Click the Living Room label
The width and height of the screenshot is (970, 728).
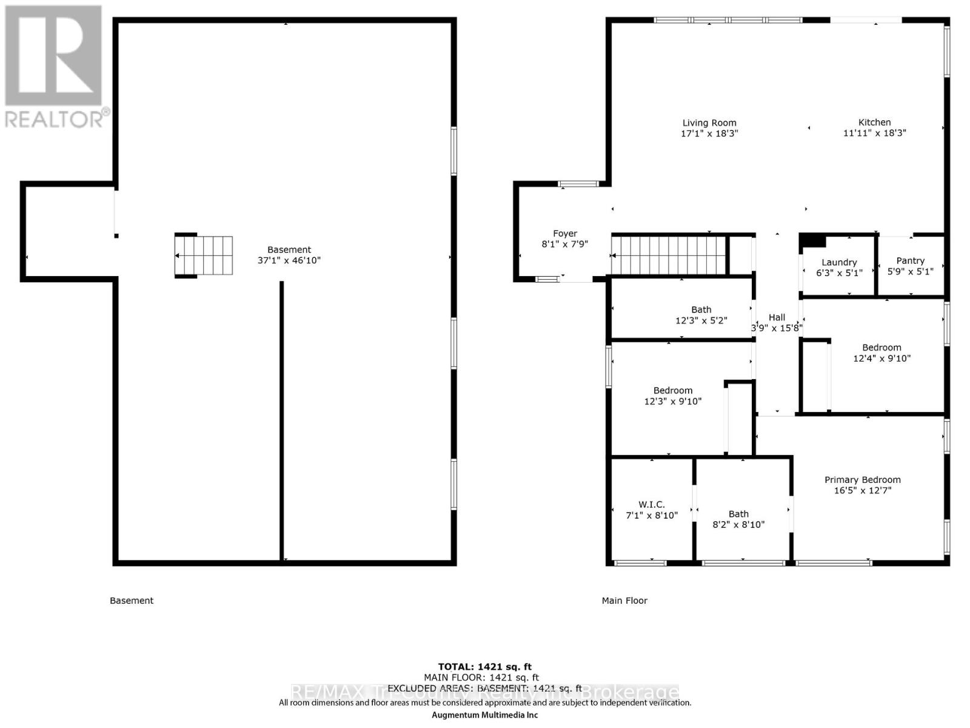[709, 123]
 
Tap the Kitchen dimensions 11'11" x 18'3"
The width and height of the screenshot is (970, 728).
[874, 133]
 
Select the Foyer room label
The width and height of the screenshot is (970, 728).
[564, 234]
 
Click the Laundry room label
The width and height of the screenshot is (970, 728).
[839, 263]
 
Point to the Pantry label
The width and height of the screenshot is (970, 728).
[910, 261]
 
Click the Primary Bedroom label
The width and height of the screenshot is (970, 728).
[862, 480]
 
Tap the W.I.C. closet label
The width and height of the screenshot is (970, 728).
[651, 505]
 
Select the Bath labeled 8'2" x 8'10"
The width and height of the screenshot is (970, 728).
[738, 519]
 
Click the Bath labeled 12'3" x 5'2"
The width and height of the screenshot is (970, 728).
[701, 315]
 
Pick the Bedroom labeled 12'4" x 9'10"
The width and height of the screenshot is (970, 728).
[881, 352]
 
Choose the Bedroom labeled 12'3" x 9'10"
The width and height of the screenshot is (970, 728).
[672, 396]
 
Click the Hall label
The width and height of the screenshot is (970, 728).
[777, 317]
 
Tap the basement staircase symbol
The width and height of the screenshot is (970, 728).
[204, 255]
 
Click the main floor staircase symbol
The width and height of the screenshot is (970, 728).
[669, 255]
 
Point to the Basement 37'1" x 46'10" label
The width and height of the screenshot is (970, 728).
[289, 255]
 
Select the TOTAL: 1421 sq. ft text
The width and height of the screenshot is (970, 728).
[484, 667]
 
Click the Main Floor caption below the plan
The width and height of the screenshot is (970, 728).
[624, 601]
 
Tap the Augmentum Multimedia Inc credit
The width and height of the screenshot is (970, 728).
[484, 715]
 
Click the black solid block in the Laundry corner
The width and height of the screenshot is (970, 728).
[813, 241]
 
